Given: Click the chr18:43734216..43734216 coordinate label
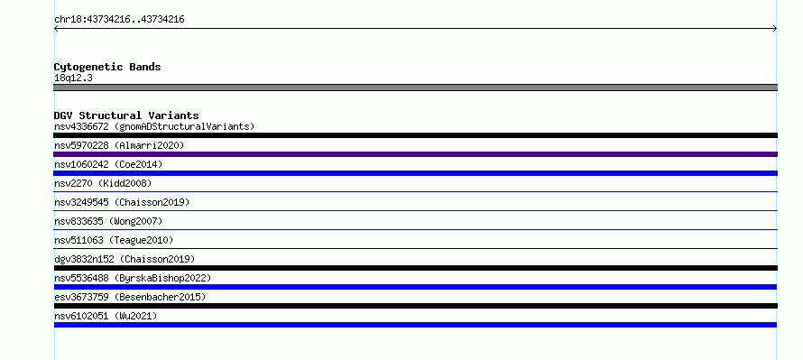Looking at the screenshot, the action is coord(119,20).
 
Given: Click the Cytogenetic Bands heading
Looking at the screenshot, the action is coord(107,67).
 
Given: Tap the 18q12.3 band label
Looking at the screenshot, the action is coord(73,78).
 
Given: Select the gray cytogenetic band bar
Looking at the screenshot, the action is coord(415,88).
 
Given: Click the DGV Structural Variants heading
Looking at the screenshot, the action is coord(126,115).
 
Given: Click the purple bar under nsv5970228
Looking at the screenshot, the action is coord(415,154).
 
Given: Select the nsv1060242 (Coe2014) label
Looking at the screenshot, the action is coord(108,164).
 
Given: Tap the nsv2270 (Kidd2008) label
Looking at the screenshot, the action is coord(103,183).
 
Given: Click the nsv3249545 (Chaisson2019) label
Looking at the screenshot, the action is coord(122,202).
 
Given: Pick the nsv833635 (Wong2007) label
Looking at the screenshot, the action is coord(108,221).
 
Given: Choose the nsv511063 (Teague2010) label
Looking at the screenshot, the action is coord(114,240).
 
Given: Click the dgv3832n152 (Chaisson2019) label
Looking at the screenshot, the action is coord(125,259).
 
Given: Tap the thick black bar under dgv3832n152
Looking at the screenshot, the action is coord(415,268).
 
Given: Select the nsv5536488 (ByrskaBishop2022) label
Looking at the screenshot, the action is coord(133,278).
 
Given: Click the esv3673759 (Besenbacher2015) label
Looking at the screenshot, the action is coord(130,297).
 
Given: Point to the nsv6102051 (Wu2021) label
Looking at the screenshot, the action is coord(106,316).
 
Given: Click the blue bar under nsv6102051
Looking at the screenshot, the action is coord(415,325).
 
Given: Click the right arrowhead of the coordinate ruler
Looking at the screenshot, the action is coord(776,29).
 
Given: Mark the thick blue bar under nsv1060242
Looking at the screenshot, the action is coord(415,173).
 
